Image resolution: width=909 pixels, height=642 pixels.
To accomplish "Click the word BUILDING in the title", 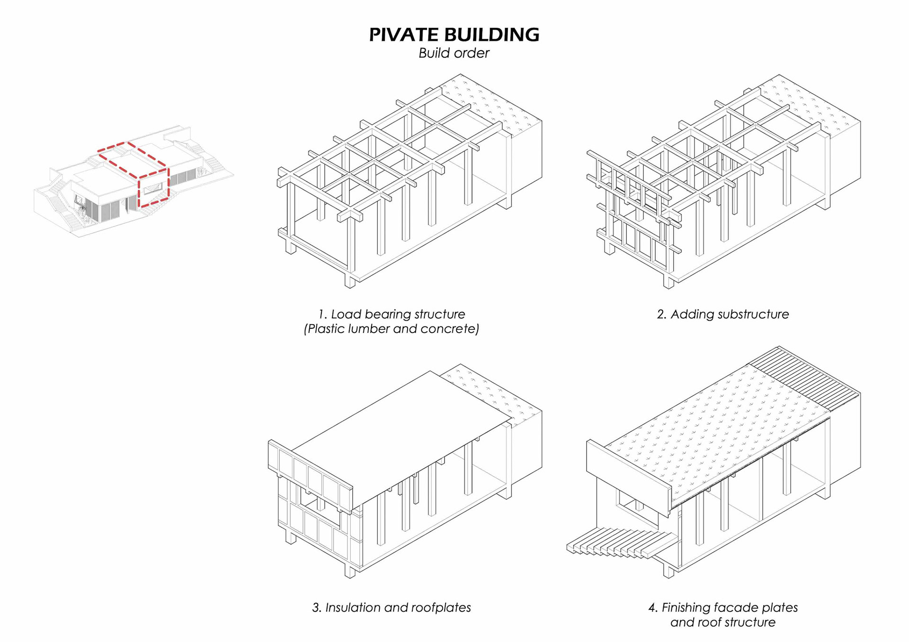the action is (492, 35).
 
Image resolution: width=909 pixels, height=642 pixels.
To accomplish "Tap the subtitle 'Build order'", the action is (454, 53).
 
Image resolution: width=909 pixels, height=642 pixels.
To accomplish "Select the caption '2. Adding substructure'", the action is (722, 314).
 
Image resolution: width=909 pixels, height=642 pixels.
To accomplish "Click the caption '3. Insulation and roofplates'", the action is (391, 607).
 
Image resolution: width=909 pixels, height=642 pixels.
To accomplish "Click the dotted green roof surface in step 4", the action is (720, 426).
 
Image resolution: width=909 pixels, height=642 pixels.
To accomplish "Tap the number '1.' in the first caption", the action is (322, 314).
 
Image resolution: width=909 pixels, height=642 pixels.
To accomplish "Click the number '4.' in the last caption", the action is (653, 607).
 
